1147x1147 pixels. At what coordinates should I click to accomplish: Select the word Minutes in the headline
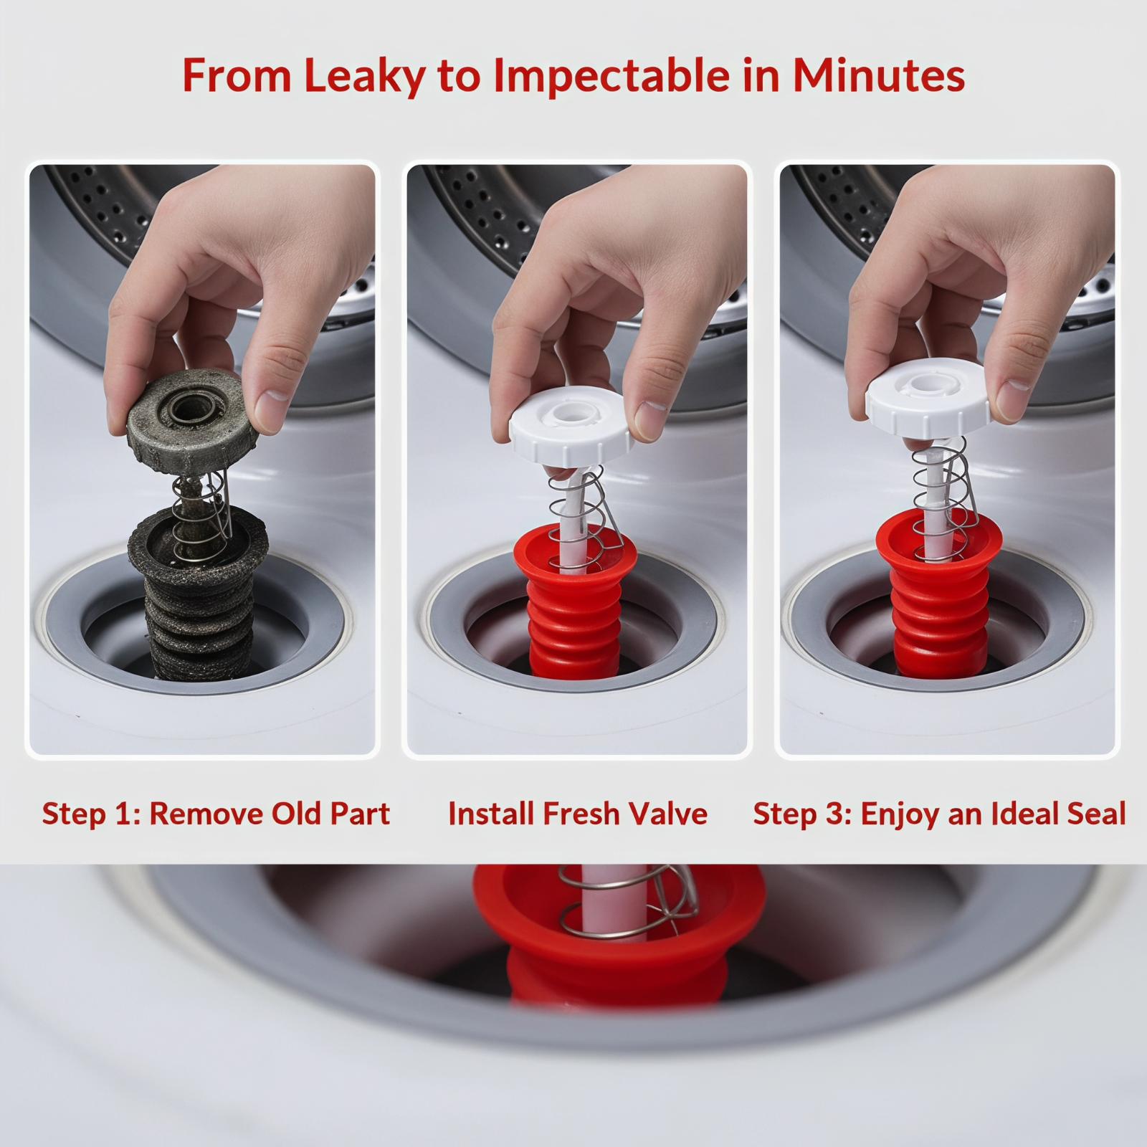tap(879, 75)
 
